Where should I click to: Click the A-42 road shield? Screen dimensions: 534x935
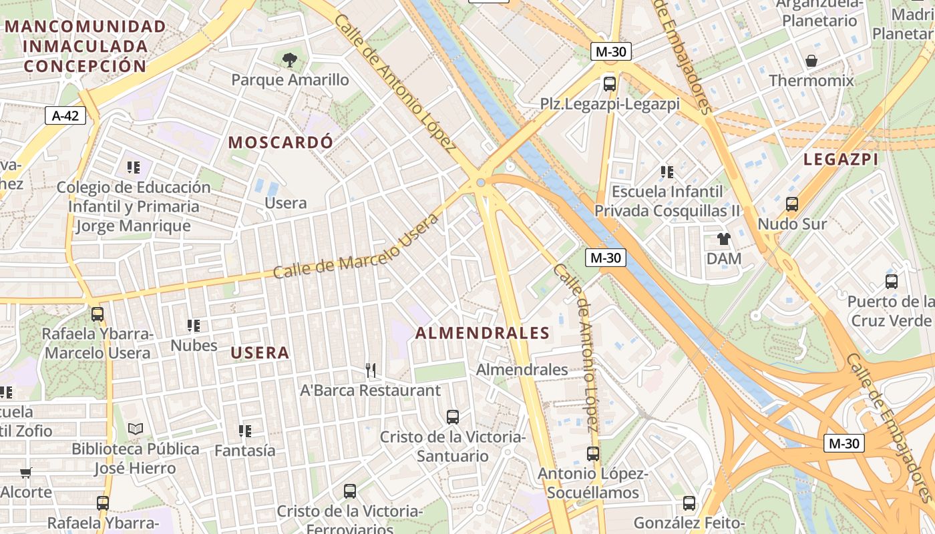[65, 115]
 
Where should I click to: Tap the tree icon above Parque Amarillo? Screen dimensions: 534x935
[289, 61]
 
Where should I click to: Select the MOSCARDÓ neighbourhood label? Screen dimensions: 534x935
[280, 142]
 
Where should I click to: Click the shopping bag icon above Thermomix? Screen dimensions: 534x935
[811, 61]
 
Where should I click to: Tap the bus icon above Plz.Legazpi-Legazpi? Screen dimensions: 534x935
[610, 84]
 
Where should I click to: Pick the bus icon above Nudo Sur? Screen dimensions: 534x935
[792, 204]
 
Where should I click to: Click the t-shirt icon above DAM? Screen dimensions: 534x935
[724, 239]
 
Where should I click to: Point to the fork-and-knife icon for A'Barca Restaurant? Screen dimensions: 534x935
[371, 370]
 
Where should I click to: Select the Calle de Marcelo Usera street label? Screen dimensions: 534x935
[357, 247]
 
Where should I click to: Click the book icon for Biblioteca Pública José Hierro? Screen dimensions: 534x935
[136, 429]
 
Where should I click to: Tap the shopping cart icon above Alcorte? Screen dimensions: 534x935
[25, 473]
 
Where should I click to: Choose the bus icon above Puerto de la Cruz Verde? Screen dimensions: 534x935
[891, 282]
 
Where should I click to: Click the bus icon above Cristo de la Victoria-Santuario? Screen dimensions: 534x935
[453, 417]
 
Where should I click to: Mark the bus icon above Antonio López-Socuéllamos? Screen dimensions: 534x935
[593, 454]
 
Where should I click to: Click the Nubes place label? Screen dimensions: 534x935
[194, 345]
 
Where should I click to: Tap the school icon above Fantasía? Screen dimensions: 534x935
[244, 431]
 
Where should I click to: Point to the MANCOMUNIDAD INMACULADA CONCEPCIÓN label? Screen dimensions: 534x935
[85, 46]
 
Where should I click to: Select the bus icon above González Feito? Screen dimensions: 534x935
[689, 503]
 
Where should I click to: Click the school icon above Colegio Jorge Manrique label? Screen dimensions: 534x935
[134, 168]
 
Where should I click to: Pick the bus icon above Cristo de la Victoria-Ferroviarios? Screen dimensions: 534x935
[350, 491]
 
